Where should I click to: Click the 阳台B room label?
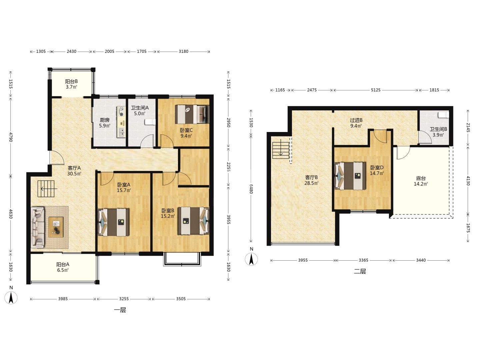pos(71,82)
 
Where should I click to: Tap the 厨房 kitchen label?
pos(105,120)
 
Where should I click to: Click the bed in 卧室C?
pos(192,114)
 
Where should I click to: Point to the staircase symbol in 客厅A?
pos(46,189)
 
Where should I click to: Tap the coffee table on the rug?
pos(56,227)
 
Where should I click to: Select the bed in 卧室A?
pos(113,222)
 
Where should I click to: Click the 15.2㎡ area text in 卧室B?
pos(168,216)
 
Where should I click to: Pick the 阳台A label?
pos(63,264)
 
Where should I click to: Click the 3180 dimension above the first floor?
pos(183,51)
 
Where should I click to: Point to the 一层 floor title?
pos(120,310)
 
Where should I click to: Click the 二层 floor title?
pos(360,271)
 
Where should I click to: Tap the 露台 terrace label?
pos(421,178)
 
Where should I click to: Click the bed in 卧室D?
pos(350,176)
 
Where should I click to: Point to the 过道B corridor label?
pos(356,120)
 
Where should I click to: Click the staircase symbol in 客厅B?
pos(281,150)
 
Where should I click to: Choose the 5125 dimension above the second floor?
pos(375,90)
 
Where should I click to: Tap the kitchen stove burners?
pos(121,111)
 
